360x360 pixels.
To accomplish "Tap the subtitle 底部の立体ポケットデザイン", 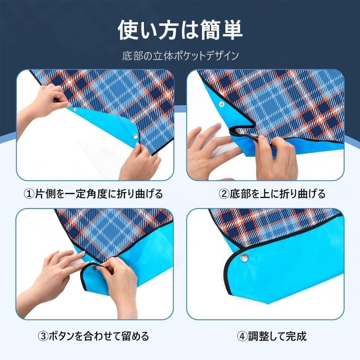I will [x=180, y=56].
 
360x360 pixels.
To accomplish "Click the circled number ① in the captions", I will [x=29, y=194].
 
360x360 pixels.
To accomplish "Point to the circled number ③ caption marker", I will [x=43, y=337].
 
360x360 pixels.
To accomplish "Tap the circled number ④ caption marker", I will [x=242, y=337].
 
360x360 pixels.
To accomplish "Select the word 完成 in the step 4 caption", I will [x=297, y=337].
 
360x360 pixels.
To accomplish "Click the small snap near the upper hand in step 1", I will [x=75, y=109].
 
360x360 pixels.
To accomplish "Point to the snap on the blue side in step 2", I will [x=221, y=104].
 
